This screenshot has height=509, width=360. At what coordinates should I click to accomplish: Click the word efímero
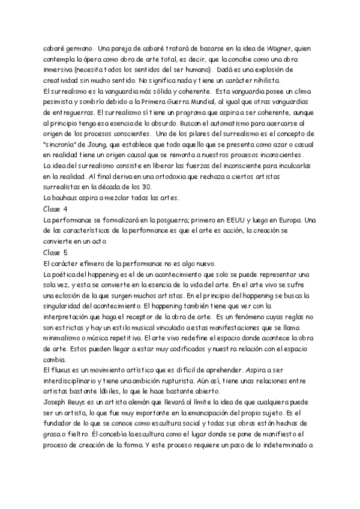(x=97, y=264)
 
